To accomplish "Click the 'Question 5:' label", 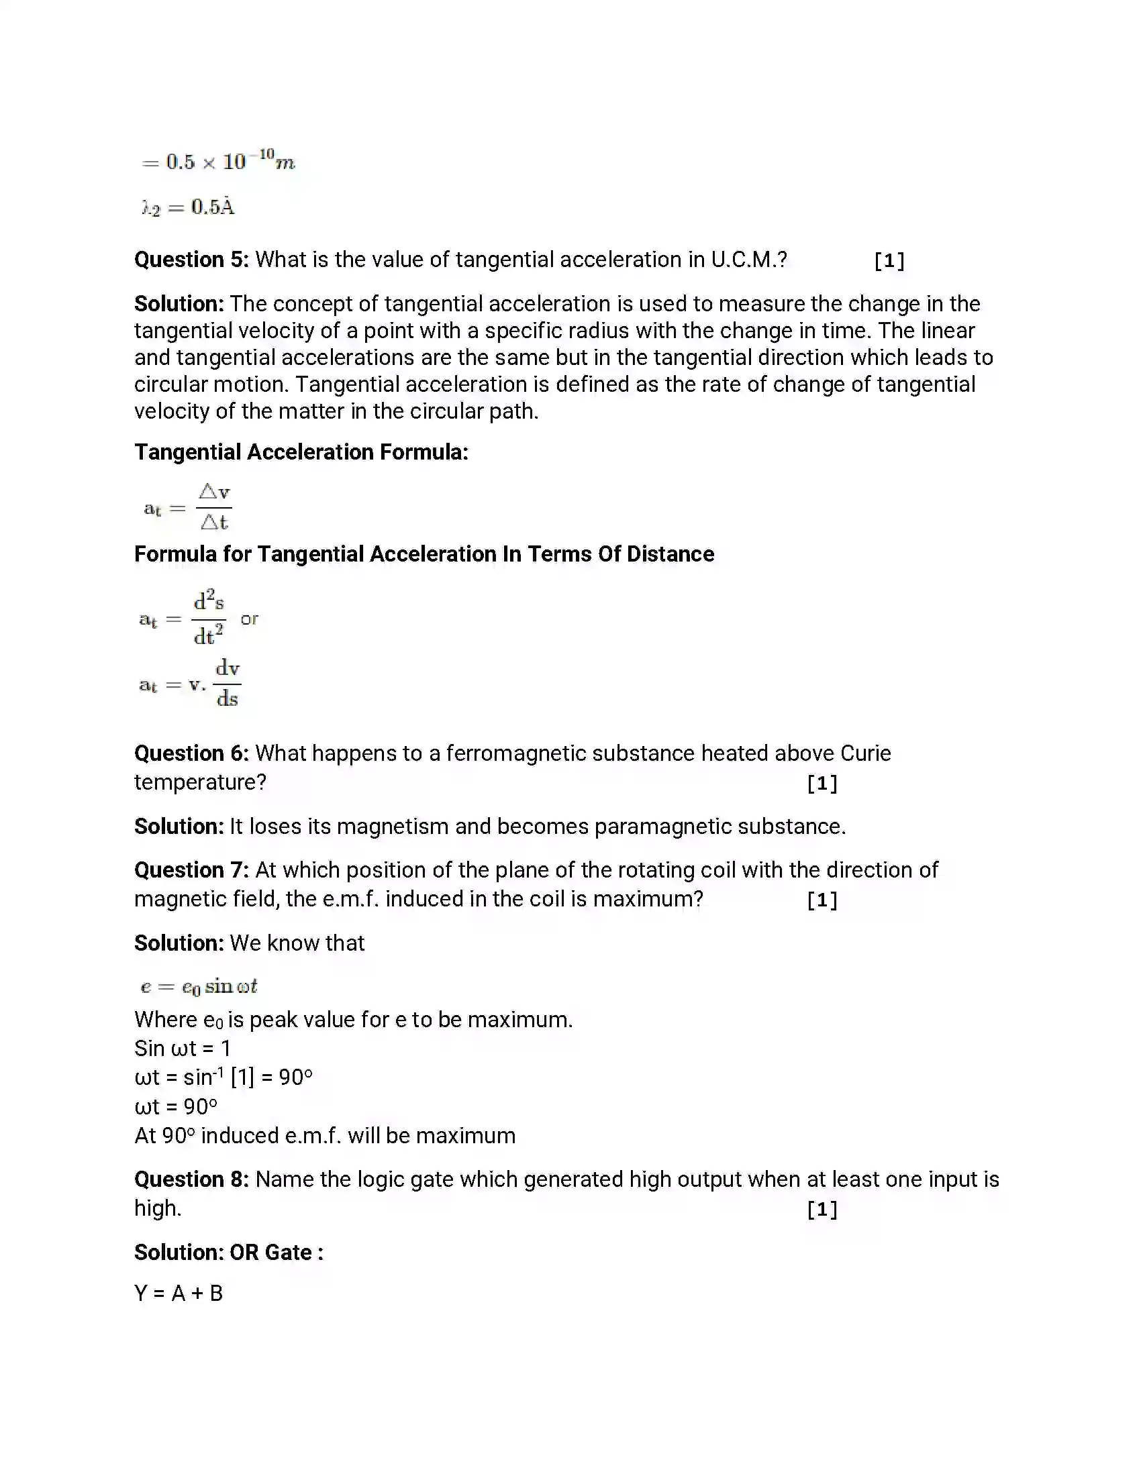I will point(191,260).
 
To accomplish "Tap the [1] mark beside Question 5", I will point(889,261).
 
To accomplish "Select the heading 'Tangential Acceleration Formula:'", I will point(301,452).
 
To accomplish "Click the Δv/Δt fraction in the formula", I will point(214,507).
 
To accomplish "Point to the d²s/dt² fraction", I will point(208,618).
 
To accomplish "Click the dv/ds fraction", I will point(227,684).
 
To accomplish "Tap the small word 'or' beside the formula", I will point(249,619).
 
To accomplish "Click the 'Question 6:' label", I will point(191,753).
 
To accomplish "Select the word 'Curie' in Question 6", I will point(865,753).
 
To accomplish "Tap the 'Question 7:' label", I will point(191,869).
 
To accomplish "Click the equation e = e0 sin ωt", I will point(199,986).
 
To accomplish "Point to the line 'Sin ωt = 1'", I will point(183,1048).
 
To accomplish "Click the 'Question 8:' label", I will point(191,1179).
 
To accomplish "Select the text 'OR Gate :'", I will point(276,1253).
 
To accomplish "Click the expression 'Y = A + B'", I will point(179,1293).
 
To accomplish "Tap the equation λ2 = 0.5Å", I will point(188,207).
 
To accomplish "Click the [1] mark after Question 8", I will point(822,1210).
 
